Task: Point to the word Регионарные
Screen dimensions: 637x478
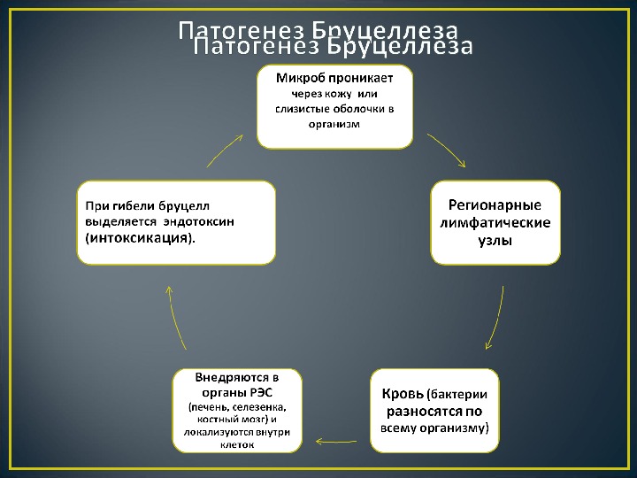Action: coord(495,204)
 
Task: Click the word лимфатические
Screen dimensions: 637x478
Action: coord(495,221)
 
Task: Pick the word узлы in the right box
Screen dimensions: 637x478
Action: coord(495,239)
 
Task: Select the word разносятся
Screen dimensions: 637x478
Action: coord(422,411)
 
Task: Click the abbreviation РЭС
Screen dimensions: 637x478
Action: coord(260,391)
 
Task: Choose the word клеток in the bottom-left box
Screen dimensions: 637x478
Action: coord(236,444)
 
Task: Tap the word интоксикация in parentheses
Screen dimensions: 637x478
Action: coord(138,238)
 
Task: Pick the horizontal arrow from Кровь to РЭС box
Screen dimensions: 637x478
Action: coord(337,438)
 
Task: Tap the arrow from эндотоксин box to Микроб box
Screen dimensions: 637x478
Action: coord(226,150)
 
